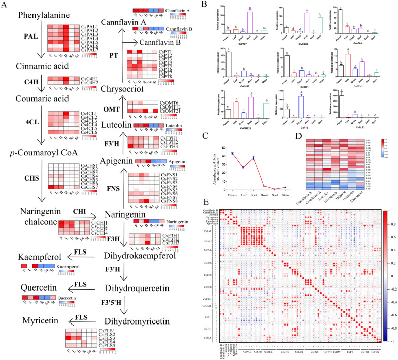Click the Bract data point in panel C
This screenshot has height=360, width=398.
260,158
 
